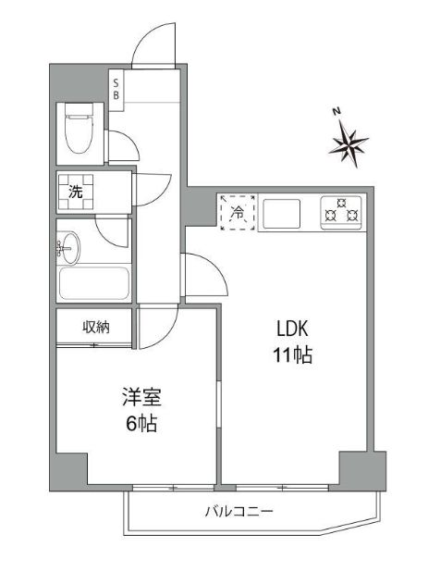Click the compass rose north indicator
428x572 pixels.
(x=350, y=143)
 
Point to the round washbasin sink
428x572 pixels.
(x=68, y=247)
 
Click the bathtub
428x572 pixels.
(x=91, y=283)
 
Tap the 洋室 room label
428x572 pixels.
(x=141, y=399)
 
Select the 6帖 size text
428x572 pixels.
(x=141, y=425)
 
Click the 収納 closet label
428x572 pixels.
(x=96, y=326)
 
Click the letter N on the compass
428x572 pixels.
(x=337, y=112)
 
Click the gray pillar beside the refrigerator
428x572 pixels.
(x=199, y=206)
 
